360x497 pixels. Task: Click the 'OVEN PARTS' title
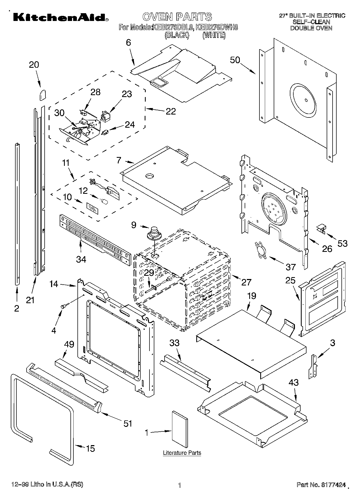click(x=177, y=16)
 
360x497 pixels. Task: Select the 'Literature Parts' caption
click(x=182, y=453)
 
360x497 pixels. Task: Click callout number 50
click(x=235, y=60)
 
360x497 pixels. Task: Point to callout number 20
click(x=34, y=65)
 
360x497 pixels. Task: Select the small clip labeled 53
click(x=321, y=228)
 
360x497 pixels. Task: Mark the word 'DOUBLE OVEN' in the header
click(x=311, y=28)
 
